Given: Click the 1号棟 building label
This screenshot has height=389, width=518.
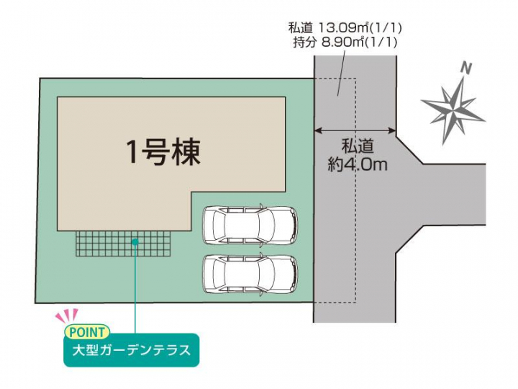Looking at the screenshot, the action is point(163,152).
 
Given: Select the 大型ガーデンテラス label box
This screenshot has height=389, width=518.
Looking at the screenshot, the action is point(132,351).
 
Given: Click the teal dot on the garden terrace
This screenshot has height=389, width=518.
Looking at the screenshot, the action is point(135,242).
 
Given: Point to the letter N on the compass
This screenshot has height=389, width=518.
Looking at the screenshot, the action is point(465,68).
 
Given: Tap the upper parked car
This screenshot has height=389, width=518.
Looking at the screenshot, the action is point(250,225).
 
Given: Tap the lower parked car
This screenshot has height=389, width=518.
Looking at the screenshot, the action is point(250,274).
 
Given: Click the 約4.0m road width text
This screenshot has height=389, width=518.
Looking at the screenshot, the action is point(358,164).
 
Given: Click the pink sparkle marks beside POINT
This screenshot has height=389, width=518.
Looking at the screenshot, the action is point(67,315).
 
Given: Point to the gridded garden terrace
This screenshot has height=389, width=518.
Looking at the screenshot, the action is point(123,243).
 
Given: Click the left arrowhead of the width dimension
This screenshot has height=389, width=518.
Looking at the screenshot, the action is point(317,131).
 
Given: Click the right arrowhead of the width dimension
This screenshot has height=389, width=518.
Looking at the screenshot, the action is point(392,131).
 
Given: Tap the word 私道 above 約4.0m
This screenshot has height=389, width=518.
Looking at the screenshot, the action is point(358,146).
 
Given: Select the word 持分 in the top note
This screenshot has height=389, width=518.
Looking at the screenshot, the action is point(304,43).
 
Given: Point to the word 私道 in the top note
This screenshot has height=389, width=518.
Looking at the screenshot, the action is point(300,28).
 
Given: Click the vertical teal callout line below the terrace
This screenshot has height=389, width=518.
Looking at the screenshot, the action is point(135,287).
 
